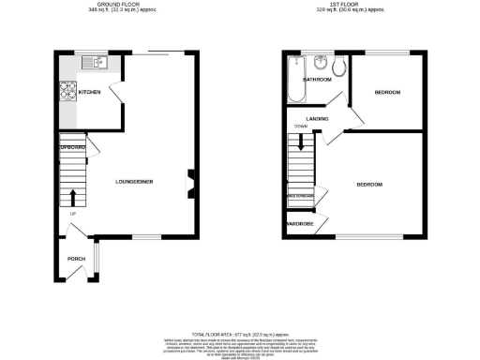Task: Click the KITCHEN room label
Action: coord(90,92)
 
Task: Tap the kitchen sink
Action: coord(96,63)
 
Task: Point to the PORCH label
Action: coord(77,260)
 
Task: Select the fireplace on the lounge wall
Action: coord(190,184)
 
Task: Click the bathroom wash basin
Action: coord(322,66)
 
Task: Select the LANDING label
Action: coord(316,118)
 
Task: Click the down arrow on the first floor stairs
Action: coord(301,142)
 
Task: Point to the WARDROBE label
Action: coord(300,225)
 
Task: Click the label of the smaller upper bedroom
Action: coord(387,92)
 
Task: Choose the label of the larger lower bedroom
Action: coord(369,185)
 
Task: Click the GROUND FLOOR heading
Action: coord(116,5)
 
